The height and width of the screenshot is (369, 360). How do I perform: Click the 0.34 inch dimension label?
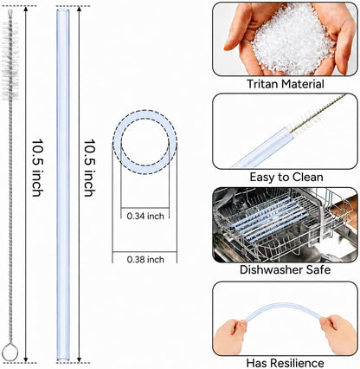coord(145,216)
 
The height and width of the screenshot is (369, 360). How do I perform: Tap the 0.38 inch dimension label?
coord(145,260)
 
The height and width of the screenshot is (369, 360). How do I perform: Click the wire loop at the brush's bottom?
coord(10,352)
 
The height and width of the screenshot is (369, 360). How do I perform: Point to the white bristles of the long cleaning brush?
coord(10,58)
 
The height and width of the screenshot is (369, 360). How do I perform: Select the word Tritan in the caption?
coord(262,84)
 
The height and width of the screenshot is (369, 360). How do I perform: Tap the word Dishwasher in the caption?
coord(270,269)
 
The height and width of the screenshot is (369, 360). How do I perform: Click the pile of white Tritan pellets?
coord(292,41)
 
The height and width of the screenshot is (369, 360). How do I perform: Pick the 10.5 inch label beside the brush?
coord(37,168)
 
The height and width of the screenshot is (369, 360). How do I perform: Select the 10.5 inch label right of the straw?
coord(89,168)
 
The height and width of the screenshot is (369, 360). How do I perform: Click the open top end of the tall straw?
coord(63,10)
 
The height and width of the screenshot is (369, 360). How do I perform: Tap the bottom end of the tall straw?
coord(63,359)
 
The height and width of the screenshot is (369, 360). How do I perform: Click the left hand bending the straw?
coord(230,336)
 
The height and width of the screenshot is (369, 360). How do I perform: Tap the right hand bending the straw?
coord(338,333)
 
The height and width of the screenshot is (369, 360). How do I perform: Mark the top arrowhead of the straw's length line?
coord(79,9)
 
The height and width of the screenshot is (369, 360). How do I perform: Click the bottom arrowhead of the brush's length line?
coord(26,359)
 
